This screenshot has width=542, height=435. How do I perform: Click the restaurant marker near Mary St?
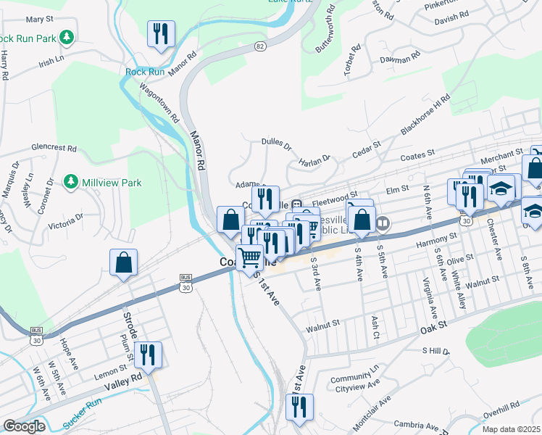(x=161, y=34)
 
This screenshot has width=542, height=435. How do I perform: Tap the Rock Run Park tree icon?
(x=67, y=36)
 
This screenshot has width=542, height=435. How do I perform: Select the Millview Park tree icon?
(x=71, y=181)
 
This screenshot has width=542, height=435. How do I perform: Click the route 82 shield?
(x=260, y=46)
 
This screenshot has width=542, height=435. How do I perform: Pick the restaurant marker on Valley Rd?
(x=148, y=355)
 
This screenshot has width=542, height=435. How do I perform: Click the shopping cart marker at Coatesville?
(x=250, y=257)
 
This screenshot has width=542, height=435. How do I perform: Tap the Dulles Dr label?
(x=275, y=145)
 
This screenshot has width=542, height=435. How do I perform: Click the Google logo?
(x=24, y=426)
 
